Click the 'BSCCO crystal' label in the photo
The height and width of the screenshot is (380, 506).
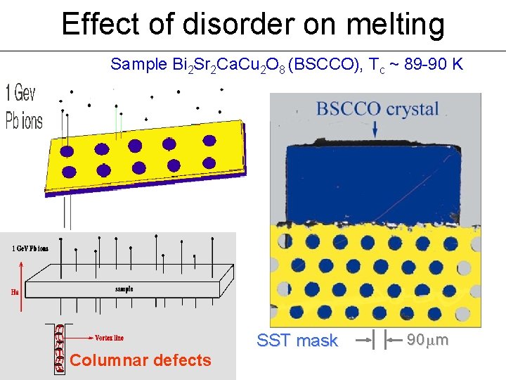tap(377, 109)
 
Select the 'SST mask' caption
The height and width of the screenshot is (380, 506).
tap(297, 341)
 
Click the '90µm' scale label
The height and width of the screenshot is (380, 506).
tap(428, 341)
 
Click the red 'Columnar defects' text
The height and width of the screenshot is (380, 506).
tap(141, 360)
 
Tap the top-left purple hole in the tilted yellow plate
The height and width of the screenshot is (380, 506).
tap(67, 151)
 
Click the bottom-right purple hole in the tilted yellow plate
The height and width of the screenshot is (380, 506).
tap(207, 160)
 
